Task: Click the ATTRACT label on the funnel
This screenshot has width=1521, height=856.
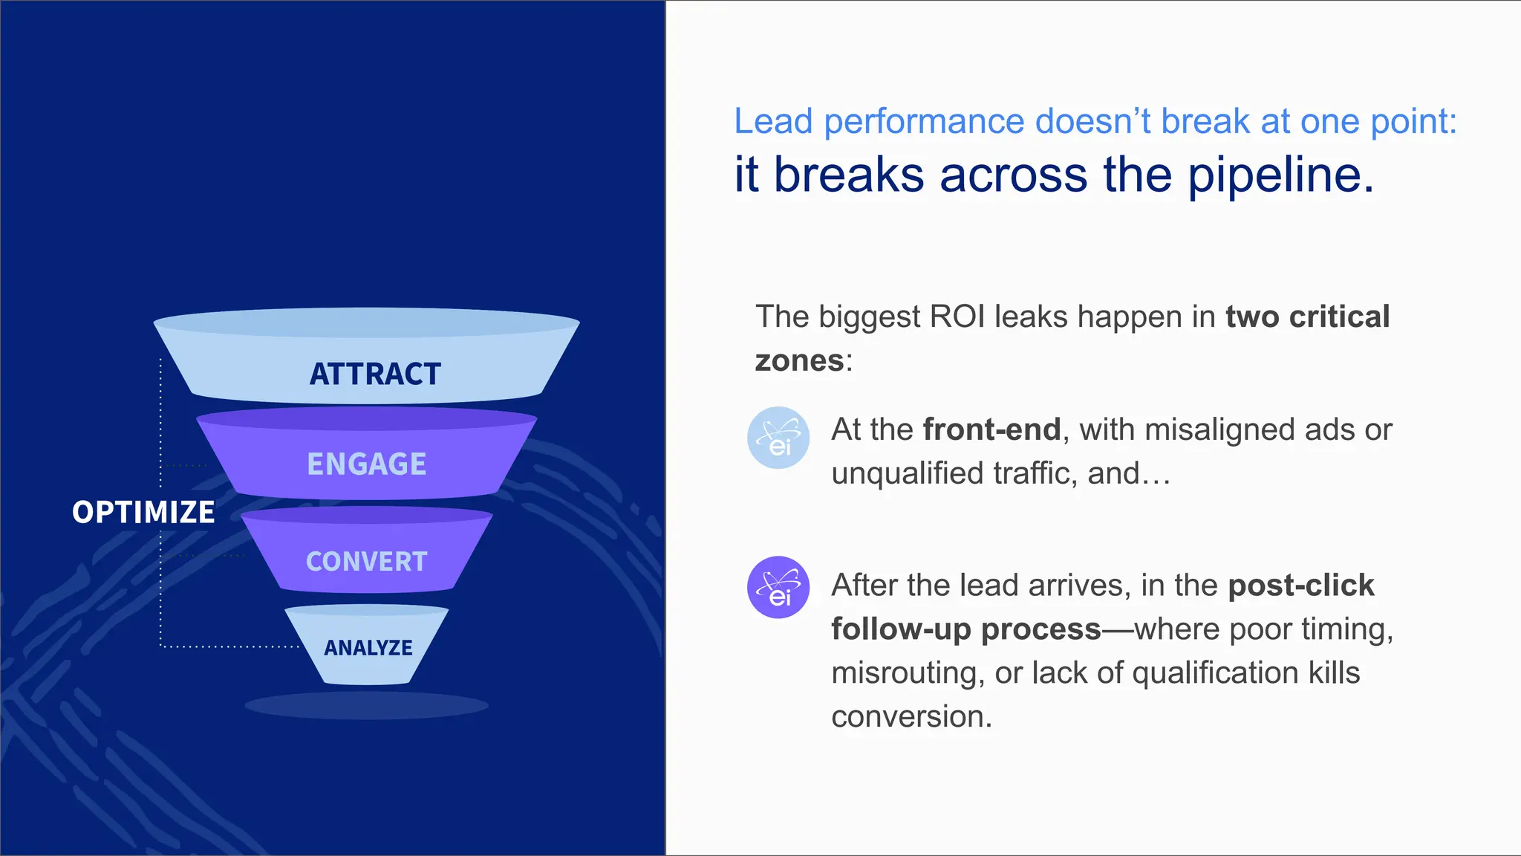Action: (x=375, y=374)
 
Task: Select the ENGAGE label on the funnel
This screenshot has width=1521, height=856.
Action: (x=366, y=464)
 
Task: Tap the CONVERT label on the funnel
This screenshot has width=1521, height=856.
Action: (x=366, y=562)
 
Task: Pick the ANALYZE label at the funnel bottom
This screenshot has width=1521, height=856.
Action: (x=368, y=648)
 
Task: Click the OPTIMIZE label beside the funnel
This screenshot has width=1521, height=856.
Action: (x=143, y=512)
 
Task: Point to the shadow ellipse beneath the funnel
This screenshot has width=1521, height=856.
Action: (x=366, y=705)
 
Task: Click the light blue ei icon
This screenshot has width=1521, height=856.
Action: (x=778, y=438)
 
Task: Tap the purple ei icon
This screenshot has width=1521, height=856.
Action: (x=778, y=587)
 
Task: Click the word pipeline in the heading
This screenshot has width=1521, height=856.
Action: (x=1280, y=175)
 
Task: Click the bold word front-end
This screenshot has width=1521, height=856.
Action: (x=991, y=429)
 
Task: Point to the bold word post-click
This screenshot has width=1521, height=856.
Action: (x=1300, y=586)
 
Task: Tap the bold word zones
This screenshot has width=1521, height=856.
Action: (x=799, y=361)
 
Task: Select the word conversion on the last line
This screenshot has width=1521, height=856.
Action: (x=911, y=717)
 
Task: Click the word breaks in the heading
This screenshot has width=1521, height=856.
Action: (x=848, y=175)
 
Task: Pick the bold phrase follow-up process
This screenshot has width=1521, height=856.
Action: (x=965, y=629)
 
